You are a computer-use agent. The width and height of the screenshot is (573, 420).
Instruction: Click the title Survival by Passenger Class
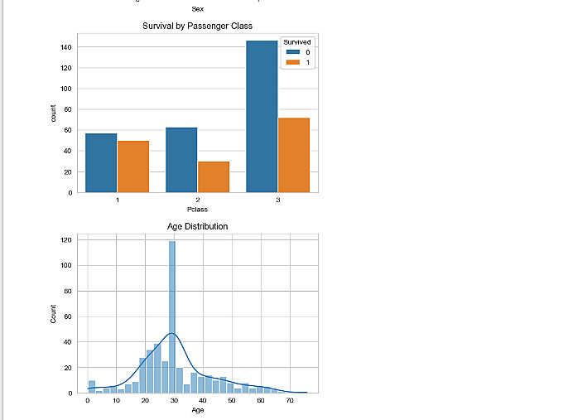198,27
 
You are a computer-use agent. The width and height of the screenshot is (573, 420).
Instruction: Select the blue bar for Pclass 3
262,116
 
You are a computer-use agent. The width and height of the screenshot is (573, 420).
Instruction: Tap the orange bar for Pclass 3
293,155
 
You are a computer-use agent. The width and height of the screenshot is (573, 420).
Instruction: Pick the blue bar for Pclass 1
101,162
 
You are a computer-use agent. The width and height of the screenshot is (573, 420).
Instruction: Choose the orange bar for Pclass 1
132,166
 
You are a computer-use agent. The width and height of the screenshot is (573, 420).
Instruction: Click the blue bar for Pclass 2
181,160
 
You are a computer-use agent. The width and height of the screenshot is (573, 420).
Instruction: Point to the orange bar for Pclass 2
213,176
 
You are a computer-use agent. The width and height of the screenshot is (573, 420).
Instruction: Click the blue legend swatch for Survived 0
291,52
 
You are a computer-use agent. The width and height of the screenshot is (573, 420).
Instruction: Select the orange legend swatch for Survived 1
291,63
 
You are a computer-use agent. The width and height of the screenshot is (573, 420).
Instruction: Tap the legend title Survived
296,41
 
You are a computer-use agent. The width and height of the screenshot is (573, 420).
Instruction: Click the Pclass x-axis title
198,209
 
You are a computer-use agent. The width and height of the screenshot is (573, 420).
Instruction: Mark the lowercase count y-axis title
53,114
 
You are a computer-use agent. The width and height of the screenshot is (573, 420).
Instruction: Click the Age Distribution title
198,226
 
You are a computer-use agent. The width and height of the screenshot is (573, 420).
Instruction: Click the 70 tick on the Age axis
290,401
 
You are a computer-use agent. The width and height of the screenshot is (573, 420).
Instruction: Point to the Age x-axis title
198,410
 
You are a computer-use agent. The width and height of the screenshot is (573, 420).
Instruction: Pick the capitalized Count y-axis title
53,316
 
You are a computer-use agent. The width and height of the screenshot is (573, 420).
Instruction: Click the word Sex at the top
197,8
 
